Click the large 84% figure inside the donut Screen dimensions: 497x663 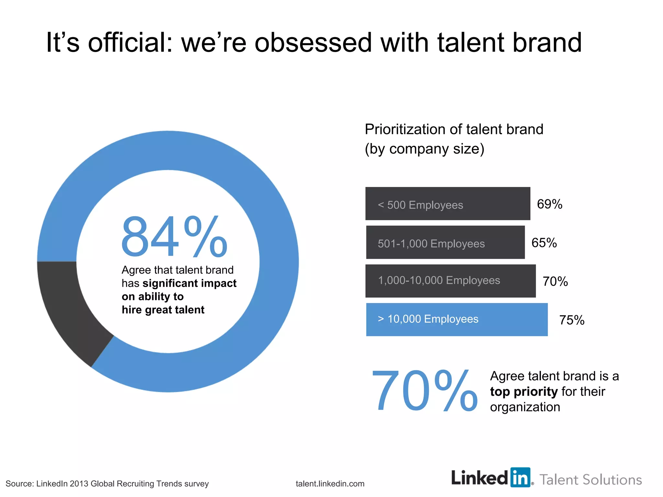pos(174,237)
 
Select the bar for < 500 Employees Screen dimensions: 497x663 pos(447,204)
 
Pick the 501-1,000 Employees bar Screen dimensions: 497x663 pos(445,242)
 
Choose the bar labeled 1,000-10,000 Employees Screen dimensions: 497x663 pos(450,281)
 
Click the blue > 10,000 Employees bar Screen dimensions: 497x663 pos(456,320)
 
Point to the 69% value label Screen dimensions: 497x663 pos(549,204)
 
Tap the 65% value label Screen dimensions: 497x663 pos(544,243)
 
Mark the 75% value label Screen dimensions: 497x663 pos(572,320)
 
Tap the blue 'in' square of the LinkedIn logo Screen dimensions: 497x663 pos(520,477)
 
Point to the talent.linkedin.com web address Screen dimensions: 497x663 pos(330,484)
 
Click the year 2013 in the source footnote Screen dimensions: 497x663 pos(79,484)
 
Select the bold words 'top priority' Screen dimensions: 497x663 pos(523,392)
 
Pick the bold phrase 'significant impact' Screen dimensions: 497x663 pos(189,283)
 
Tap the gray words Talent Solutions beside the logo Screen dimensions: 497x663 pos(590,480)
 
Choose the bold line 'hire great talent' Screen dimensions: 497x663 pos(163,310)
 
